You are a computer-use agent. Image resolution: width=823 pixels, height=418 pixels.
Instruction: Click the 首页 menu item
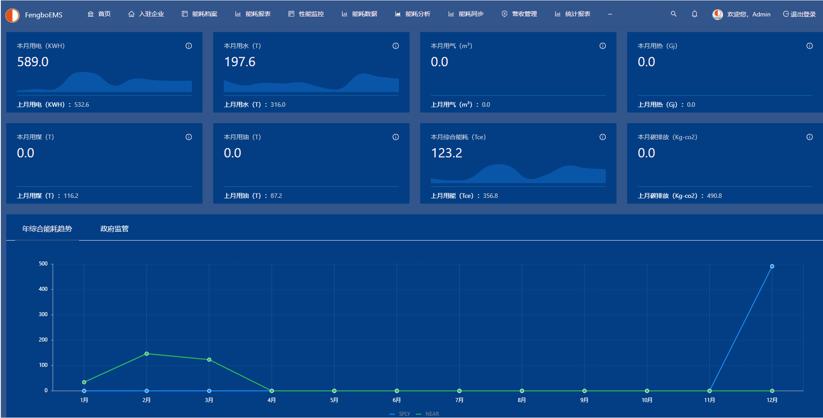coord(99,14)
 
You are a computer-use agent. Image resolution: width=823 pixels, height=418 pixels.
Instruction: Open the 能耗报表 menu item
coord(253,14)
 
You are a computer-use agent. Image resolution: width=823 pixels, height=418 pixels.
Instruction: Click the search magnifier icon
coord(674,14)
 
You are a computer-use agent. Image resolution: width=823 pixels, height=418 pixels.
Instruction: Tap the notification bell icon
coord(695,14)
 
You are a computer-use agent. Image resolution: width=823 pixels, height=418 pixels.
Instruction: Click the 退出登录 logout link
coord(799,14)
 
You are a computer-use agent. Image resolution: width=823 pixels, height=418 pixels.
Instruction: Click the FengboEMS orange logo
coord(12,15)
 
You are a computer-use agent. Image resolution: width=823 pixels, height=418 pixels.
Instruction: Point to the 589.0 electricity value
coord(33,62)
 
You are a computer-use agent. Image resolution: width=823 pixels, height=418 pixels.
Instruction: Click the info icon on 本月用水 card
coord(396,46)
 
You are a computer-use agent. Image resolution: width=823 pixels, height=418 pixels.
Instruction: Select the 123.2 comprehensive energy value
coord(447,153)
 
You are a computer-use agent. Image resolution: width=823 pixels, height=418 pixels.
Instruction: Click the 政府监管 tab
coord(115,229)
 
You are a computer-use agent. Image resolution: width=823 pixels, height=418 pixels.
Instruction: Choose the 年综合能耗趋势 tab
coord(47,229)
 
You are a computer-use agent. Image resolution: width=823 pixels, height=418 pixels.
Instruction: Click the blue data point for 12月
coord(772,266)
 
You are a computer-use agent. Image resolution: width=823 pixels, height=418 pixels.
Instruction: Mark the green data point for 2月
coord(147,354)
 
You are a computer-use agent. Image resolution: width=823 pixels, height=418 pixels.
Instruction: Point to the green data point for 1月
coord(84,382)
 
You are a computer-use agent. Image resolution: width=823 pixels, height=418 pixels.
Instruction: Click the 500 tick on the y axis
coord(43,264)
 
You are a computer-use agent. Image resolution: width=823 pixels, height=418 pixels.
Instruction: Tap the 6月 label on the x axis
coord(397,400)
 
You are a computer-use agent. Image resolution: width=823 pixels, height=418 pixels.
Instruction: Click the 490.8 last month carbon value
coord(714,196)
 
